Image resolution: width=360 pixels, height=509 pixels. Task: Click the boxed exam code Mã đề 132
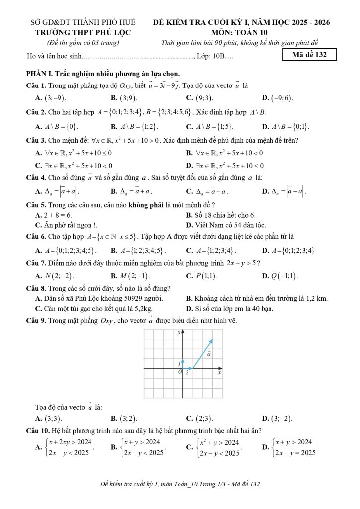pyautogui.click(x=309, y=55)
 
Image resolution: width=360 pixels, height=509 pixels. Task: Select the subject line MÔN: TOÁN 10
pyautogui.click(x=242, y=32)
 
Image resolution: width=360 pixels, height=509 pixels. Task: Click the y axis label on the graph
pyautogui.click(x=179, y=332)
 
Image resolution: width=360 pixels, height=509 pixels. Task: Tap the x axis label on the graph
pyautogui.click(x=219, y=373)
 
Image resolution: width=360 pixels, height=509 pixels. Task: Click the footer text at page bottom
pyautogui.click(x=180, y=484)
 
